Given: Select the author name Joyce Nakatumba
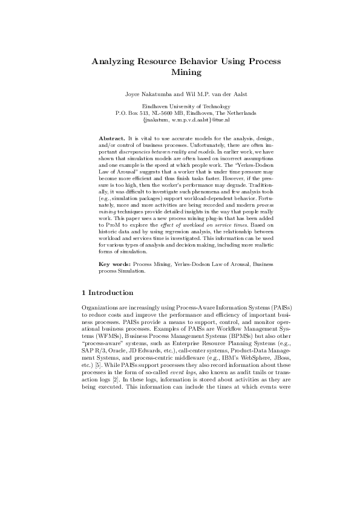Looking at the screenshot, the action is pos(147,94).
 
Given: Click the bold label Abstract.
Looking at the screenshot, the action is pos(111,139).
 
